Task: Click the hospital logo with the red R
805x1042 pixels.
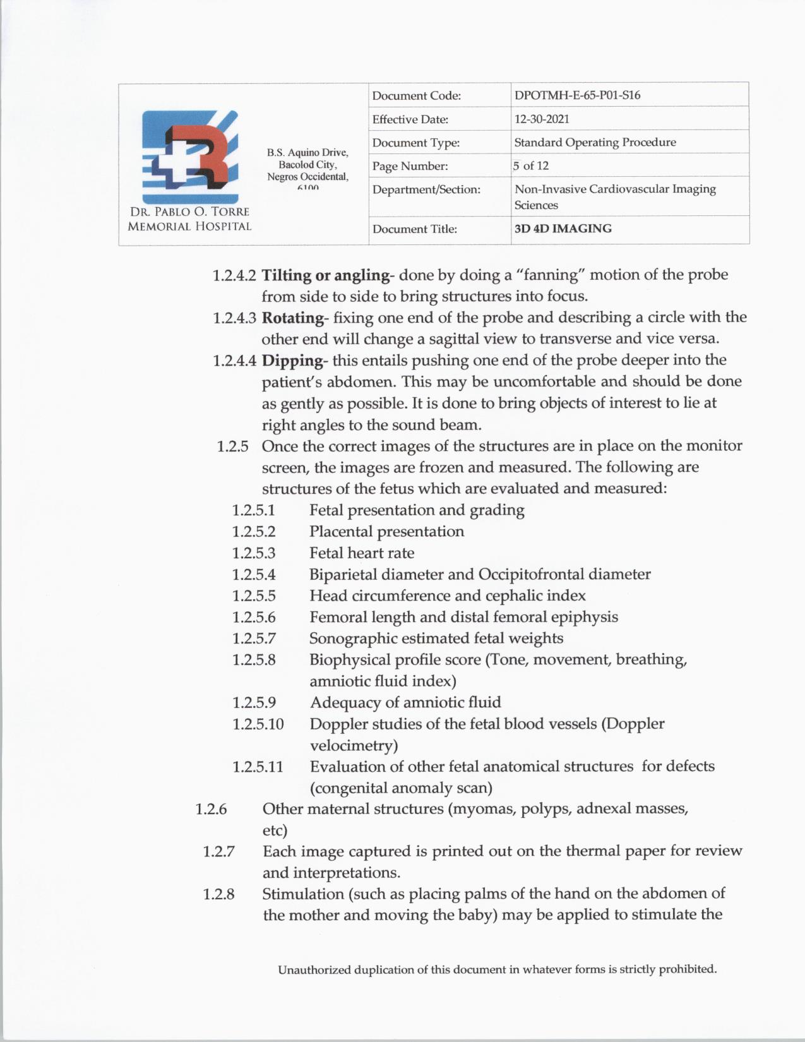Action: (190, 152)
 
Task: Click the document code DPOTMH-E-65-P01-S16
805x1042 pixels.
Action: (577, 95)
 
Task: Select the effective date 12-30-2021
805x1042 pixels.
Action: (542, 119)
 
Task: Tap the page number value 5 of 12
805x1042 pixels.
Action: (531, 165)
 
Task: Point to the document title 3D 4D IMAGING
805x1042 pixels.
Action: (563, 229)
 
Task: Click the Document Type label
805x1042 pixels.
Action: (415, 143)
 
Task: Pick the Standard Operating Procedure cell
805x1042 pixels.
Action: (595, 142)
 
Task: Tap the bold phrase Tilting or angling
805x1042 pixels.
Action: (325, 275)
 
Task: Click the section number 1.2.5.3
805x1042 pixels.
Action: (254, 553)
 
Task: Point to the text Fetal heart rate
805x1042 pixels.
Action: (362, 553)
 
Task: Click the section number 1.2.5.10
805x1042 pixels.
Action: (258, 724)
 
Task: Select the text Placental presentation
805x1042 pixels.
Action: (386, 532)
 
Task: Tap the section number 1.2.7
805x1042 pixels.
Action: (218, 851)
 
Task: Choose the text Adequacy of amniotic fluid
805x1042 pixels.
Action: (405, 702)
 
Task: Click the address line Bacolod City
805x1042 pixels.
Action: (307, 164)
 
